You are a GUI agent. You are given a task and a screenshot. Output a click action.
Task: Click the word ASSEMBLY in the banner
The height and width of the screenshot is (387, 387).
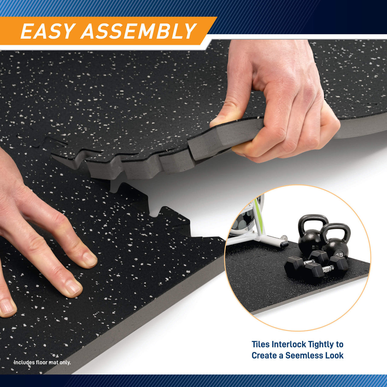139,31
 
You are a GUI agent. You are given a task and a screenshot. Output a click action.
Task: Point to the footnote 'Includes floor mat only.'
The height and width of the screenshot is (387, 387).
42,362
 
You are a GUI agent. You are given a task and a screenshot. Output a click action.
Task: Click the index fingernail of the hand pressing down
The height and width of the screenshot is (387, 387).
90,259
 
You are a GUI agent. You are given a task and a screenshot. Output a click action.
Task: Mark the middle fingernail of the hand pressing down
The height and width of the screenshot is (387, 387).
73,288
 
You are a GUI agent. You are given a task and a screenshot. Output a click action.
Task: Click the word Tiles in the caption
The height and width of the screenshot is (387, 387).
261,344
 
